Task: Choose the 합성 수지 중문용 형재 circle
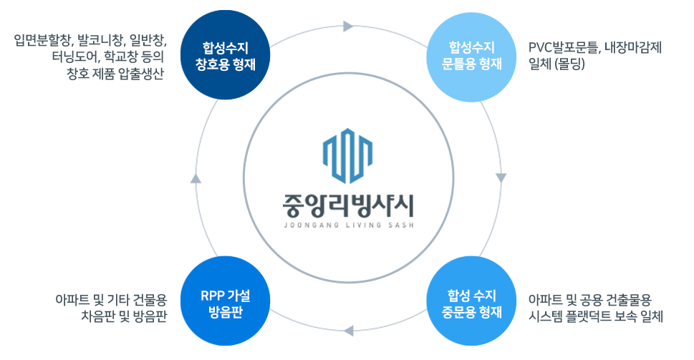click(x=471, y=303)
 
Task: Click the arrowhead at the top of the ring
click(x=348, y=27)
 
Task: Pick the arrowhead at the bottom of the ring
click(x=348, y=330)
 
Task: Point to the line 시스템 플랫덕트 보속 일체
click(x=594, y=316)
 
